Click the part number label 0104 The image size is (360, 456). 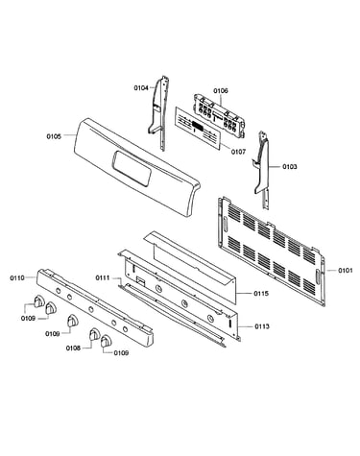(x=141, y=87)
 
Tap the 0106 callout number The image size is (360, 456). (x=221, y=91)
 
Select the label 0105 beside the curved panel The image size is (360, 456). (x=54, y=136)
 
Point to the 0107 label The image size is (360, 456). (x=238, y=152)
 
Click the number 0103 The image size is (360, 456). (x=289, y=167)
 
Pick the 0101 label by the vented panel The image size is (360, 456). (x=346, y=271)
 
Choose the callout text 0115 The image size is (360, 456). (x=261, y=294)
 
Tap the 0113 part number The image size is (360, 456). (x=262, y=326)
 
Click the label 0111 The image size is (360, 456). (x=103, y=277)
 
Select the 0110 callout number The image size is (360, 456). (x=17, y=277)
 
